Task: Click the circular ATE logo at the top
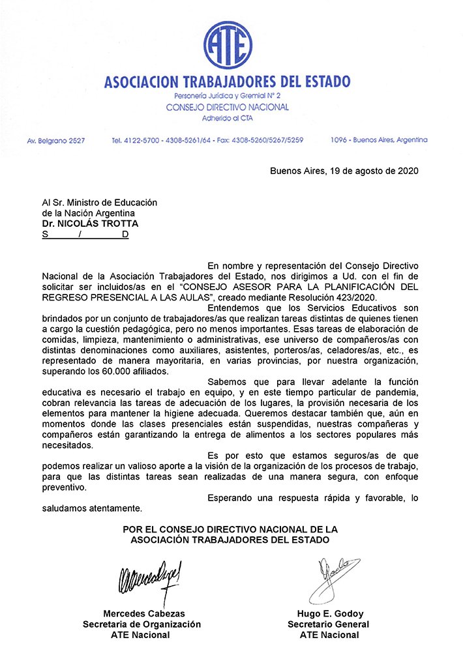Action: [228, 46]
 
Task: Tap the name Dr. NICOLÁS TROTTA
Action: [91, 224]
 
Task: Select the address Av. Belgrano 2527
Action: [55, 140]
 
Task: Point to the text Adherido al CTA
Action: [228, 118]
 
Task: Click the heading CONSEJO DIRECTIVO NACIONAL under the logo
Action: [228, 107]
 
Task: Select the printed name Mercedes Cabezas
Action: [144, 613]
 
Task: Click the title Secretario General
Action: [328, 624]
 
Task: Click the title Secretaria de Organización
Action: [142, 624]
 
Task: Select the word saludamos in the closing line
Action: [65, 508]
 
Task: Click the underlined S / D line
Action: [85, 235]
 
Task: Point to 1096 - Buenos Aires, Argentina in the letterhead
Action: [379, 140]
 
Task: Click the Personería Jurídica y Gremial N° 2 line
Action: [228, 96]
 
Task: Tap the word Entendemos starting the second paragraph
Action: [236, 308]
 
